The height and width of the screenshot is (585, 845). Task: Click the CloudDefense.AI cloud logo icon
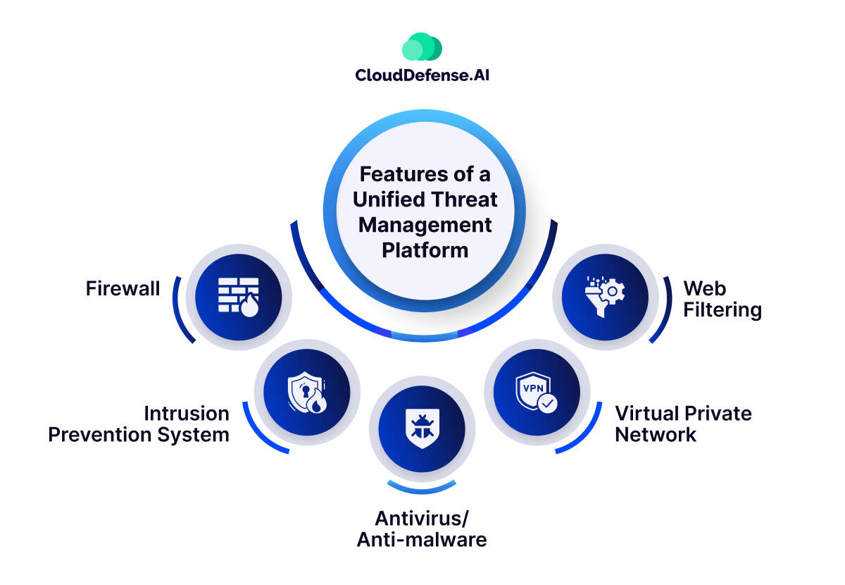(422, 47)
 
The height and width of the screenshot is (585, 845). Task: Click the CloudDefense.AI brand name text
(422, 75)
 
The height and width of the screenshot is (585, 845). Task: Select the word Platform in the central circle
(425, 250)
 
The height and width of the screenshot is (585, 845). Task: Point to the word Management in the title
(425, 225)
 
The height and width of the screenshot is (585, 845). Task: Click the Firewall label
(123, 288)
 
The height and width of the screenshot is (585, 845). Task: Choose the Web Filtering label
(722, 299)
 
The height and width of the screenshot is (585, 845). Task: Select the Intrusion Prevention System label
(139, 424)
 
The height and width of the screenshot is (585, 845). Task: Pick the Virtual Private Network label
(683, 424)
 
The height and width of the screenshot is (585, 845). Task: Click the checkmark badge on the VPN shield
(547, 403)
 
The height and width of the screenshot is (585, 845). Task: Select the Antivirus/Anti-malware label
(422, 529)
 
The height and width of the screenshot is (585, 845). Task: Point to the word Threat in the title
(466, 199)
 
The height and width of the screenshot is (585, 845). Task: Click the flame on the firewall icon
(249, 307)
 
